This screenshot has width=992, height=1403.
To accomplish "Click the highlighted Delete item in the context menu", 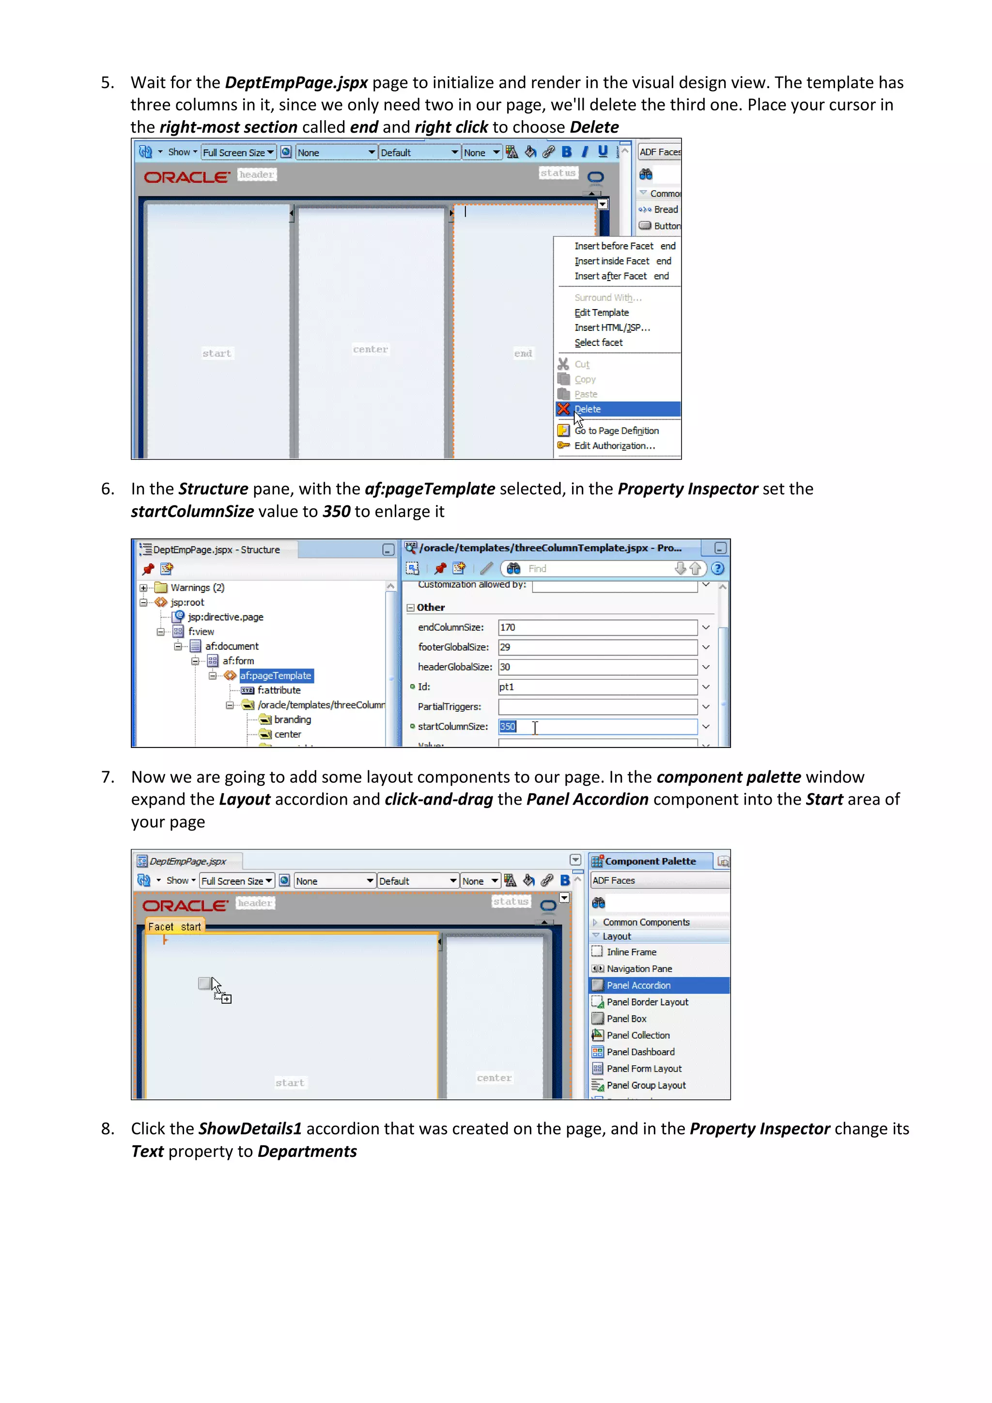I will tap(588, 409).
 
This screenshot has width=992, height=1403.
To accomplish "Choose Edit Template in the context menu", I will tap(601, 313).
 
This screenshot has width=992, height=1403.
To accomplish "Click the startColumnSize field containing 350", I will tap(597, 727).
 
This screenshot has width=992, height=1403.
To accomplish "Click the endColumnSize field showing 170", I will tap(597, 627).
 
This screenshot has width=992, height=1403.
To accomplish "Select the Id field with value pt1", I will tap(597, 687).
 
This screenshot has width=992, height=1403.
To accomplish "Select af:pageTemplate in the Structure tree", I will tap(276, 676).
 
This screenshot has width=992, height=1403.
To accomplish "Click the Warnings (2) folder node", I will tap(197, 588).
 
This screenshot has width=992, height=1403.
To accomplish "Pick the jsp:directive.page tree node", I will tap(225, 617).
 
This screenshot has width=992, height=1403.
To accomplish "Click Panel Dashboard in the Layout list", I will tap(640, 1052).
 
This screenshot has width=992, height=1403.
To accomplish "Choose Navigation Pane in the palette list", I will tap(639, 969).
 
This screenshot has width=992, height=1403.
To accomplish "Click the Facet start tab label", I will tap(175, 927).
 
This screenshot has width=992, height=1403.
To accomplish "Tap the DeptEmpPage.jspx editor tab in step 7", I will tap(187, 861).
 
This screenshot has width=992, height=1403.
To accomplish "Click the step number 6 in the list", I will tap(108, 489).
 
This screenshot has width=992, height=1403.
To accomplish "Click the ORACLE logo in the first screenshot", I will tap(187, 177).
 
